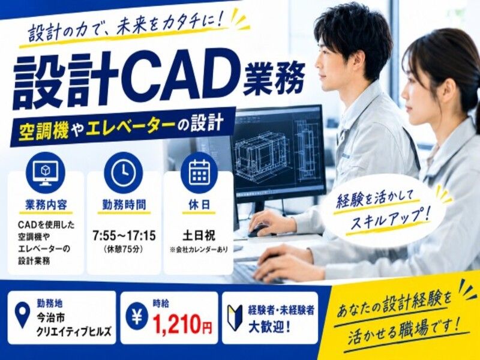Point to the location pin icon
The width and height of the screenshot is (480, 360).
[22, 315]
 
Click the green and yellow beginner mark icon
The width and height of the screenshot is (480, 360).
[235, 317]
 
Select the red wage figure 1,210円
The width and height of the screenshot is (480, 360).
[182, 325]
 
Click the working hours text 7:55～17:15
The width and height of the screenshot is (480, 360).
[124, 236]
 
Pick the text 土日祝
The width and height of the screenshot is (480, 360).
[199, 236]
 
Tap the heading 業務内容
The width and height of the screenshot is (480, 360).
[46, 205]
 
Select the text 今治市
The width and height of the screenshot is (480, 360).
[51, 319]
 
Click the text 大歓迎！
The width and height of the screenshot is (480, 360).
[269, 328]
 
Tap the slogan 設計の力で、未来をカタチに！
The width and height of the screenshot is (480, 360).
[127, 29]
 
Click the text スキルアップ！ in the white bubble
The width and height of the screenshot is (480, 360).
[391, 218]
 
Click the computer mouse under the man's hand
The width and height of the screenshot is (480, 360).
[258, 231]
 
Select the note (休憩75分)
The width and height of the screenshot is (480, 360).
[124, 250]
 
